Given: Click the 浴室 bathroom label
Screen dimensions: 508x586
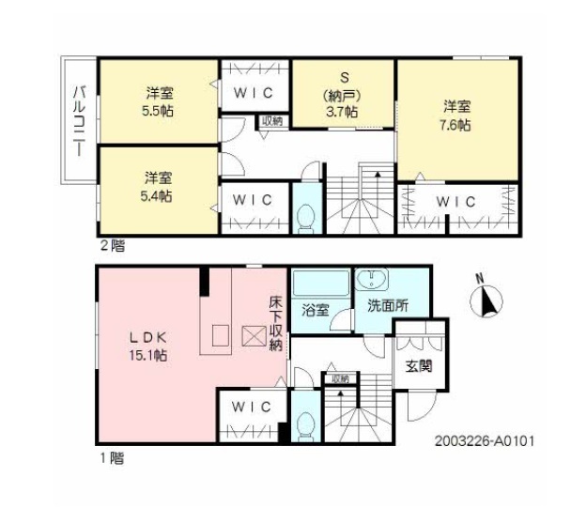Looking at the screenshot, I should point(314,311).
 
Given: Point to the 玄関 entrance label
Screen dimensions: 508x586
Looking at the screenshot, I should point(418,366).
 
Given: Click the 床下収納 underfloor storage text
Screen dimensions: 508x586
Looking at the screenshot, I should point(276,324).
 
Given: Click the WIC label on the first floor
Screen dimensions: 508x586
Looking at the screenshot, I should point(253,407).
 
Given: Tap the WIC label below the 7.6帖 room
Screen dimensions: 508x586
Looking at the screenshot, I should point(455,201).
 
